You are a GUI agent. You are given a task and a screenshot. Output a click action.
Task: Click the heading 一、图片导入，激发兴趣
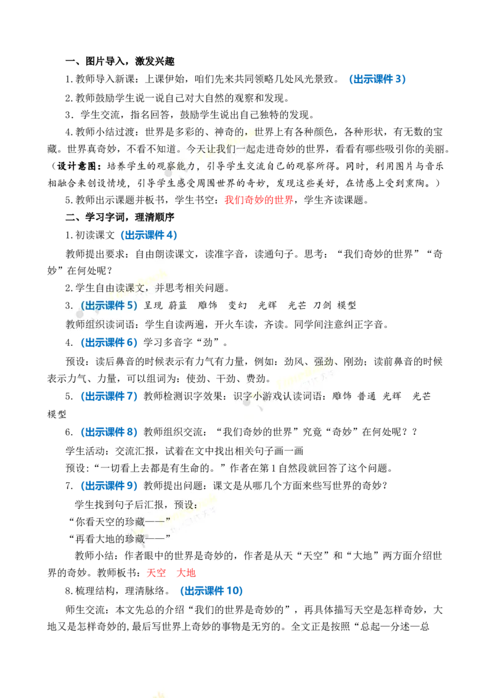pos(120,61)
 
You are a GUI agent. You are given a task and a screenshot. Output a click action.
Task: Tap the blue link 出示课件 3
pos(377,80)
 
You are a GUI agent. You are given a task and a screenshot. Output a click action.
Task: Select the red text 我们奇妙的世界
pos(259,200)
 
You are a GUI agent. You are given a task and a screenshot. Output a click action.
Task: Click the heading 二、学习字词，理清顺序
pos(120,217)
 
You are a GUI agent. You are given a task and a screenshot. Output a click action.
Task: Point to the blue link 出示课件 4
pos(149,235)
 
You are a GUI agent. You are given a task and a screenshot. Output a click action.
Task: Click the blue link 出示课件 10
pos(212,591)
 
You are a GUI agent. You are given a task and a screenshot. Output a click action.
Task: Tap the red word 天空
pos(156,572)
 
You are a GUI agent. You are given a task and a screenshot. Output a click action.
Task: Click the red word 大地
pos(186,572)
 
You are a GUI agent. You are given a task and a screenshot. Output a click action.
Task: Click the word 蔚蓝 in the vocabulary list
pos(178,305)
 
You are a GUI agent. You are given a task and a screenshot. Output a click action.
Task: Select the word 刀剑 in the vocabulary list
pos(322,305)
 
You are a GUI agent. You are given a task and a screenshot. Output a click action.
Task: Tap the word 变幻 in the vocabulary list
pos(238,305)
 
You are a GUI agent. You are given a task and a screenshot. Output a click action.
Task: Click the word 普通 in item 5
pos(367,396)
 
